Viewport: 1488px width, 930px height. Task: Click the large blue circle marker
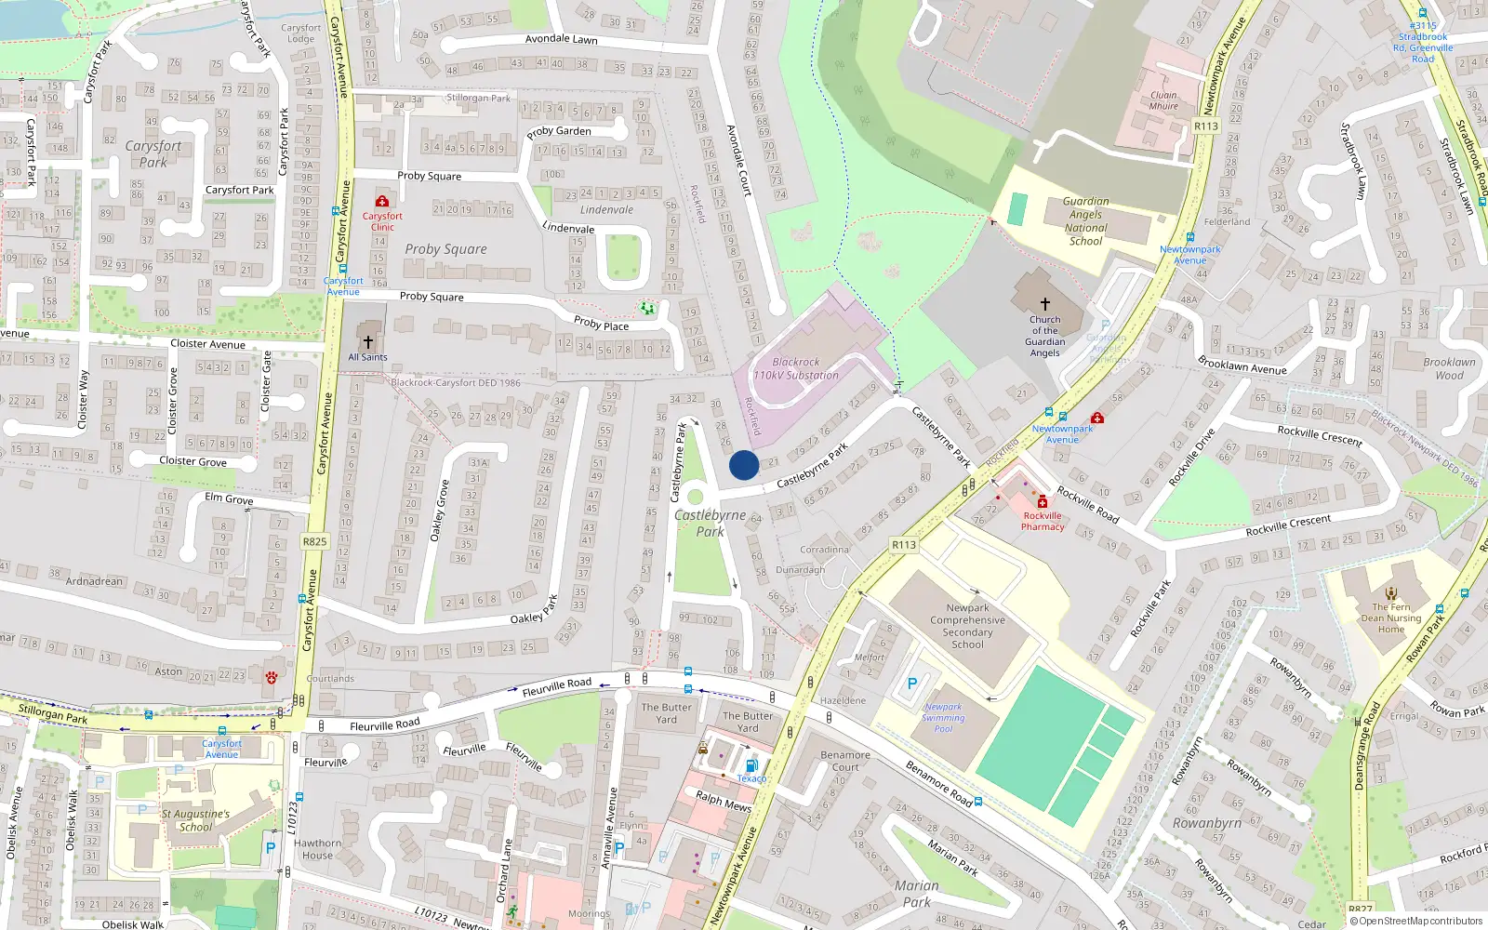click(744, 465)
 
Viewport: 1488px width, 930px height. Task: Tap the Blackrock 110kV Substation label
click(795, 369)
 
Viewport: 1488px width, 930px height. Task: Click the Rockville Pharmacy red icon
click(1043, 501)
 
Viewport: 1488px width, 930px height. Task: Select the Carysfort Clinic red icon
click(381, 201)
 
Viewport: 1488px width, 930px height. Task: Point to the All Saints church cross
click(368, 342)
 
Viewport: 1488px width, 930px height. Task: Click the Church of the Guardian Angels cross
click(1044, 304)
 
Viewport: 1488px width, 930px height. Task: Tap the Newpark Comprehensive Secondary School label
click(967, 626)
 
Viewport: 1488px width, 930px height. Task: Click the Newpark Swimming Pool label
click(943, 718)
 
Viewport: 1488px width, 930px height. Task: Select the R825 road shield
click(314, 541)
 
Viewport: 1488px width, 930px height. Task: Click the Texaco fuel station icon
click(751, 765)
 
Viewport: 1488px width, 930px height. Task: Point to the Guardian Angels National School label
click(1085, 221)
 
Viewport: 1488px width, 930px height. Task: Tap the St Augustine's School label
click(195, 820)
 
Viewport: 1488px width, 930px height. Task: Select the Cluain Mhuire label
click(1163, 100)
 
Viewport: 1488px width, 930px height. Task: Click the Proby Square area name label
click(445, 249)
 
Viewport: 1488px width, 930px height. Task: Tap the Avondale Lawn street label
click(561, 39)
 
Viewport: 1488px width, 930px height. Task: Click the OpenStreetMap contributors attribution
click(1420, 921)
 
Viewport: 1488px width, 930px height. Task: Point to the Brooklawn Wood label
click(1449, 369)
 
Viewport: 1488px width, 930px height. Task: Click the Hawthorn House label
click(317, 849)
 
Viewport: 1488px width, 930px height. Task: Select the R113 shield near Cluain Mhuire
click(1205, 126)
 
